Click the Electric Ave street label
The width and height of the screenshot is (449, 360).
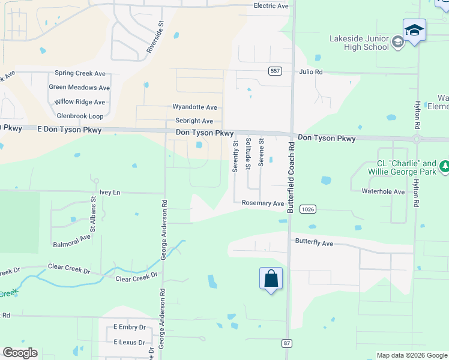(271, 6)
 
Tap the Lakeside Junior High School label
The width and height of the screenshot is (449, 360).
(358, 43)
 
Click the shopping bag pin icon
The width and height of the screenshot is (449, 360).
(271, 279)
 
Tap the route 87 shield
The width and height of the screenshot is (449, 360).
(287, 343)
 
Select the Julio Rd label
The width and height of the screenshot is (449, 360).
(311, 72)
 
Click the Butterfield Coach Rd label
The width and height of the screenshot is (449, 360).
(291, 178)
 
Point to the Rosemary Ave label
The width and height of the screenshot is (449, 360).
(262, 203)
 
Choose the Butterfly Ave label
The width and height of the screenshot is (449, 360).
(313, 243)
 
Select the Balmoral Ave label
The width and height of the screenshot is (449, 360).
(71, 237)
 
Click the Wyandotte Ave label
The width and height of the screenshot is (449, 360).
(194, 107)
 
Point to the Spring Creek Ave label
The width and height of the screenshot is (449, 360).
(80, 74)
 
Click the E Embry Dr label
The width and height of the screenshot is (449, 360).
(130, 328)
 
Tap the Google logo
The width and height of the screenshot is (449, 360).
(20, 353)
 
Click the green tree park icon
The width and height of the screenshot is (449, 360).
(444, 165)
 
